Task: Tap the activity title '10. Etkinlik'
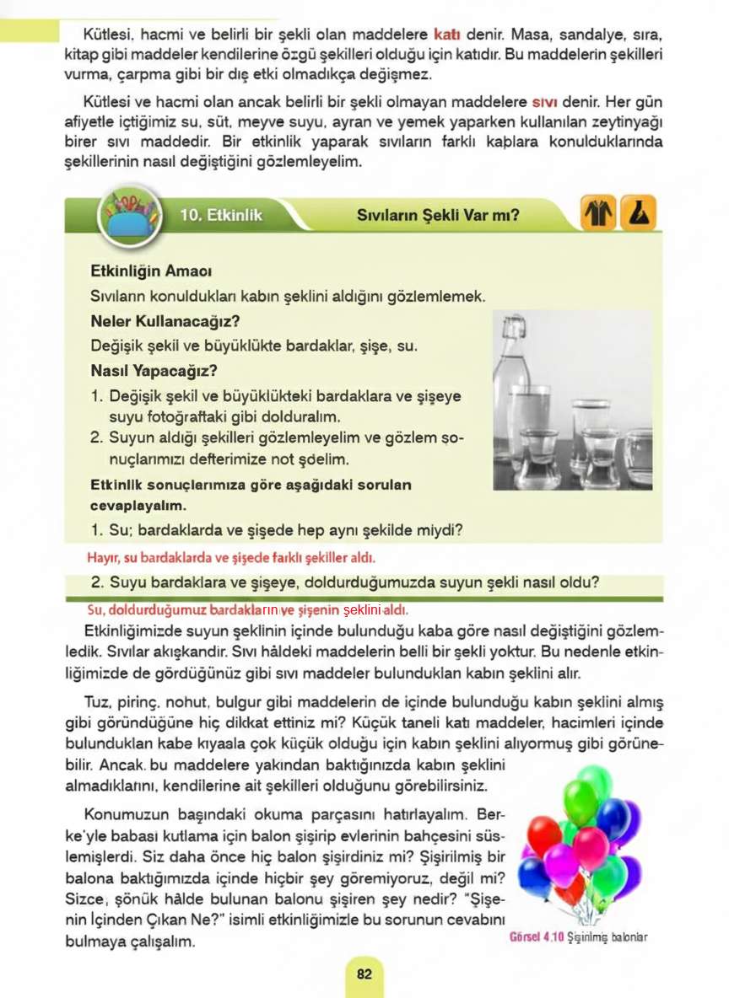pyautogui.click(x=221, y=216)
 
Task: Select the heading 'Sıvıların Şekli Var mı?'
pyautogui.click(x=438, y=216)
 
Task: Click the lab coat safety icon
pyautogui.click(x=597, y=215)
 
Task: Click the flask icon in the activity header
pyautogui.click(x=639, y=215)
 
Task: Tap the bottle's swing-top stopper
pyautogui.click(x=511, y=325)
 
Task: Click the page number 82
pyautogui.click(x=364, y=974)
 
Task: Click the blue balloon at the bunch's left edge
pyautogui.click(x=533, y=875)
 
